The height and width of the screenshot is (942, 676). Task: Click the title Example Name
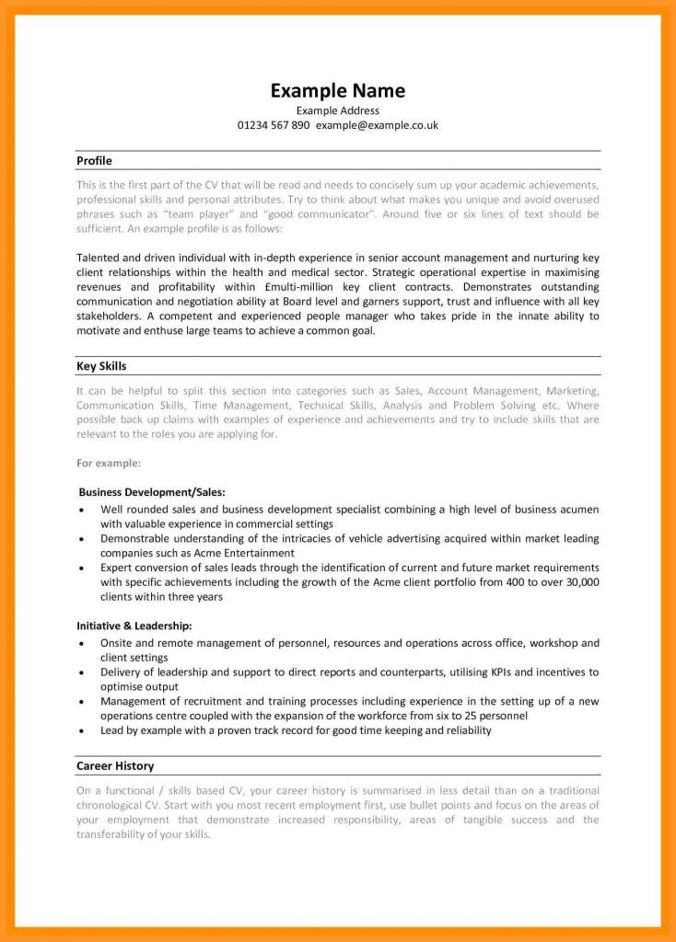point(337,90)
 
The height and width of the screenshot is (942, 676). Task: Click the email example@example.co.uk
point(377,125)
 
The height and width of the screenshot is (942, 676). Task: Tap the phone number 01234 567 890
point(274,125)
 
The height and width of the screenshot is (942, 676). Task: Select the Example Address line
point(337,110)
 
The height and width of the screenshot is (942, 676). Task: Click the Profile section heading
point(94,161)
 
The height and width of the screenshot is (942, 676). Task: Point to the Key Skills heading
point(101,366)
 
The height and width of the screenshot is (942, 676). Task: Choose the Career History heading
point(115,765)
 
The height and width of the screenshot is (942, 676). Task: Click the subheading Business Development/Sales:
point(152,492)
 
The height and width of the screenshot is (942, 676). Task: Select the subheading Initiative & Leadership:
point(134,626)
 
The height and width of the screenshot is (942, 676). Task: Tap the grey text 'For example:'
point(109,463)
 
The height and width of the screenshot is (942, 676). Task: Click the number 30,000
point(577,582)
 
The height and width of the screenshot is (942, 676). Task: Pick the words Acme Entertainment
point(246,553)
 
